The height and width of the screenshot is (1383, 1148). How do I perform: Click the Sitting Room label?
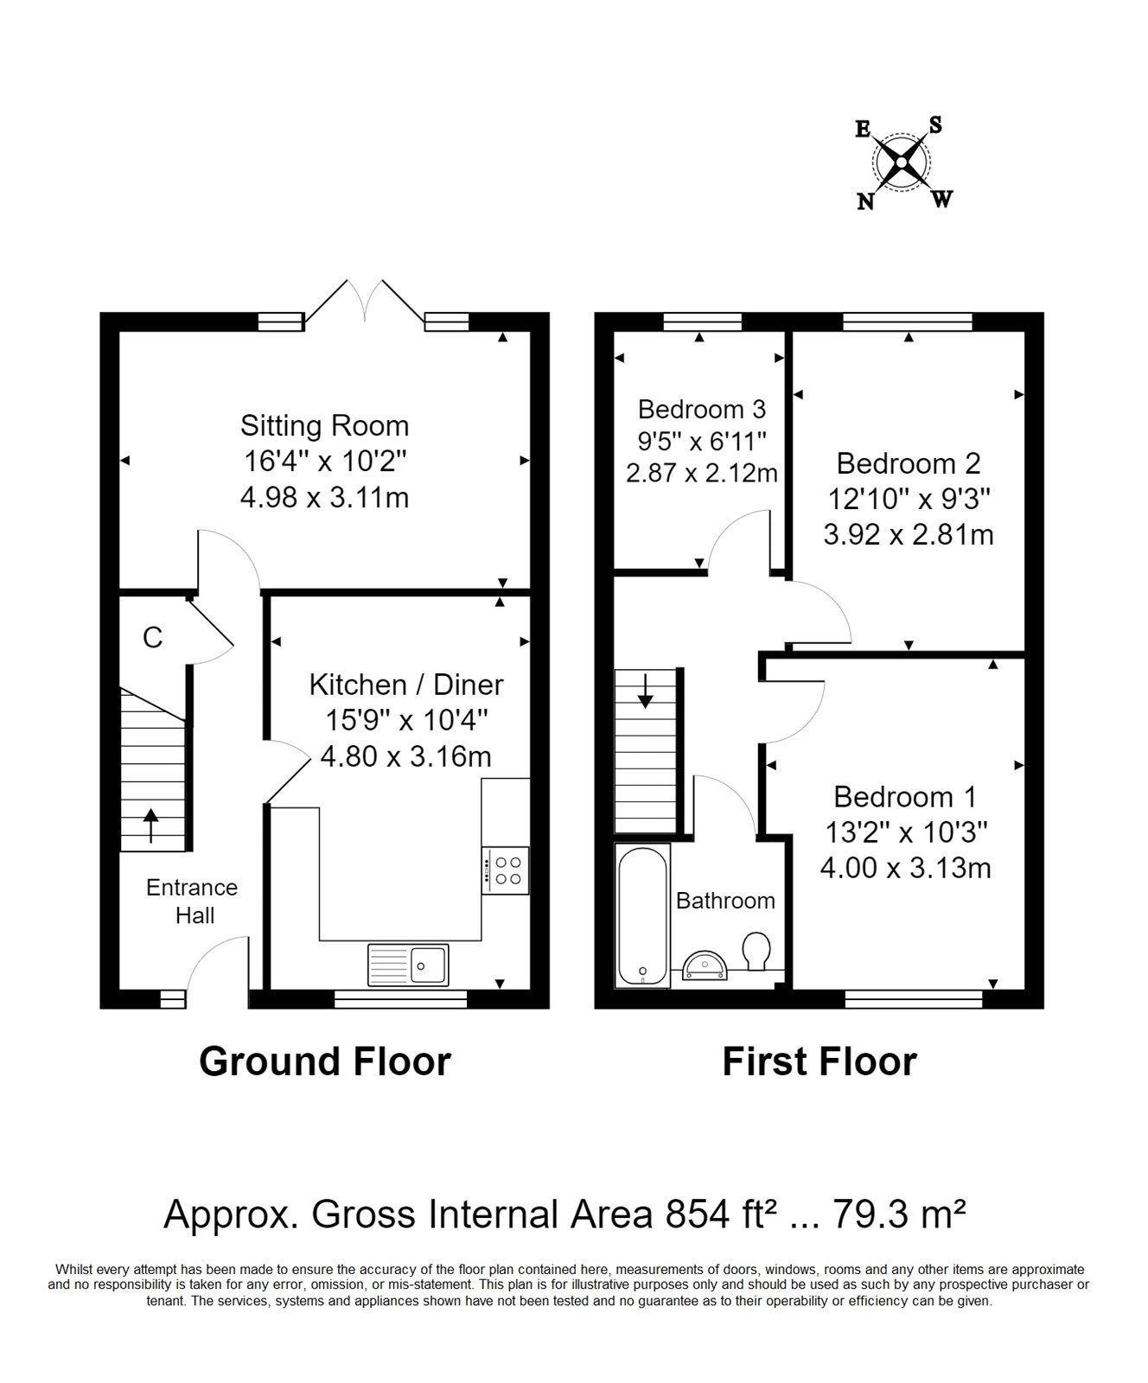[324, 426]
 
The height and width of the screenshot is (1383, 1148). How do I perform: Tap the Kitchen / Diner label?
[406, 685]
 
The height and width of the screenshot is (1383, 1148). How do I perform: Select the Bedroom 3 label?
[702, 408]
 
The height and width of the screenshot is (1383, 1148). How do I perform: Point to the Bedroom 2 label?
[909, 463]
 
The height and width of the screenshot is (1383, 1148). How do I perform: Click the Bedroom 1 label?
[905, 796]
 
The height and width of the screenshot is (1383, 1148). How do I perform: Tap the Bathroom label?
[725, 901]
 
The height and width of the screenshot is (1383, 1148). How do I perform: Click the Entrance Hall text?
[192, 902]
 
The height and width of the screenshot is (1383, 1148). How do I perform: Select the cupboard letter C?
[152, 638]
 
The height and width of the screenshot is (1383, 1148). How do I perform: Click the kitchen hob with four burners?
[506, 870]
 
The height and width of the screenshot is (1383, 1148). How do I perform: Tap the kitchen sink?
[408, 965]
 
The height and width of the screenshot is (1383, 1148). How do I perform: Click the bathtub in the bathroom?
[642, 915]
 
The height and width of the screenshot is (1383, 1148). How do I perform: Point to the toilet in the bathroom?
[756, 952]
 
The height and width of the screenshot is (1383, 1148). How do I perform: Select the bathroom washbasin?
[707, 966]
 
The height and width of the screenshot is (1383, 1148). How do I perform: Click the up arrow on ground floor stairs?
[151, 825]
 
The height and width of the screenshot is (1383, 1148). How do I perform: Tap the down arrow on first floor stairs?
[645, 691]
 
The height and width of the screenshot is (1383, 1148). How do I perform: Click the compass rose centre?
[902, 163]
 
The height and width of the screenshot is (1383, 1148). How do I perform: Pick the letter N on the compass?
[864, 202]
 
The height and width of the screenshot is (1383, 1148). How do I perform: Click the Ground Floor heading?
[325, 1061]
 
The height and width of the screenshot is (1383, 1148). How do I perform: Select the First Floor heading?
[820, 1061]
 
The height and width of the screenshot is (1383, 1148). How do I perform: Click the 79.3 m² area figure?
[899, 1214]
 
